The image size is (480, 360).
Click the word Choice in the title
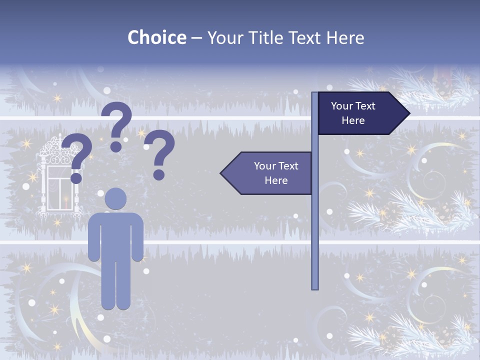[x=156, y=38]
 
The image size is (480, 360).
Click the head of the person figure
[x=116, y=198]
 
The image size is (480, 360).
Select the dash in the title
[x=196, y=38]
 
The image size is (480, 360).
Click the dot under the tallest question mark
[x=116, y=146]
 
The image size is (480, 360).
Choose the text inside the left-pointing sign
[x=276, y=173]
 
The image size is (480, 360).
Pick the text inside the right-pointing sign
[x=353, y=113]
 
